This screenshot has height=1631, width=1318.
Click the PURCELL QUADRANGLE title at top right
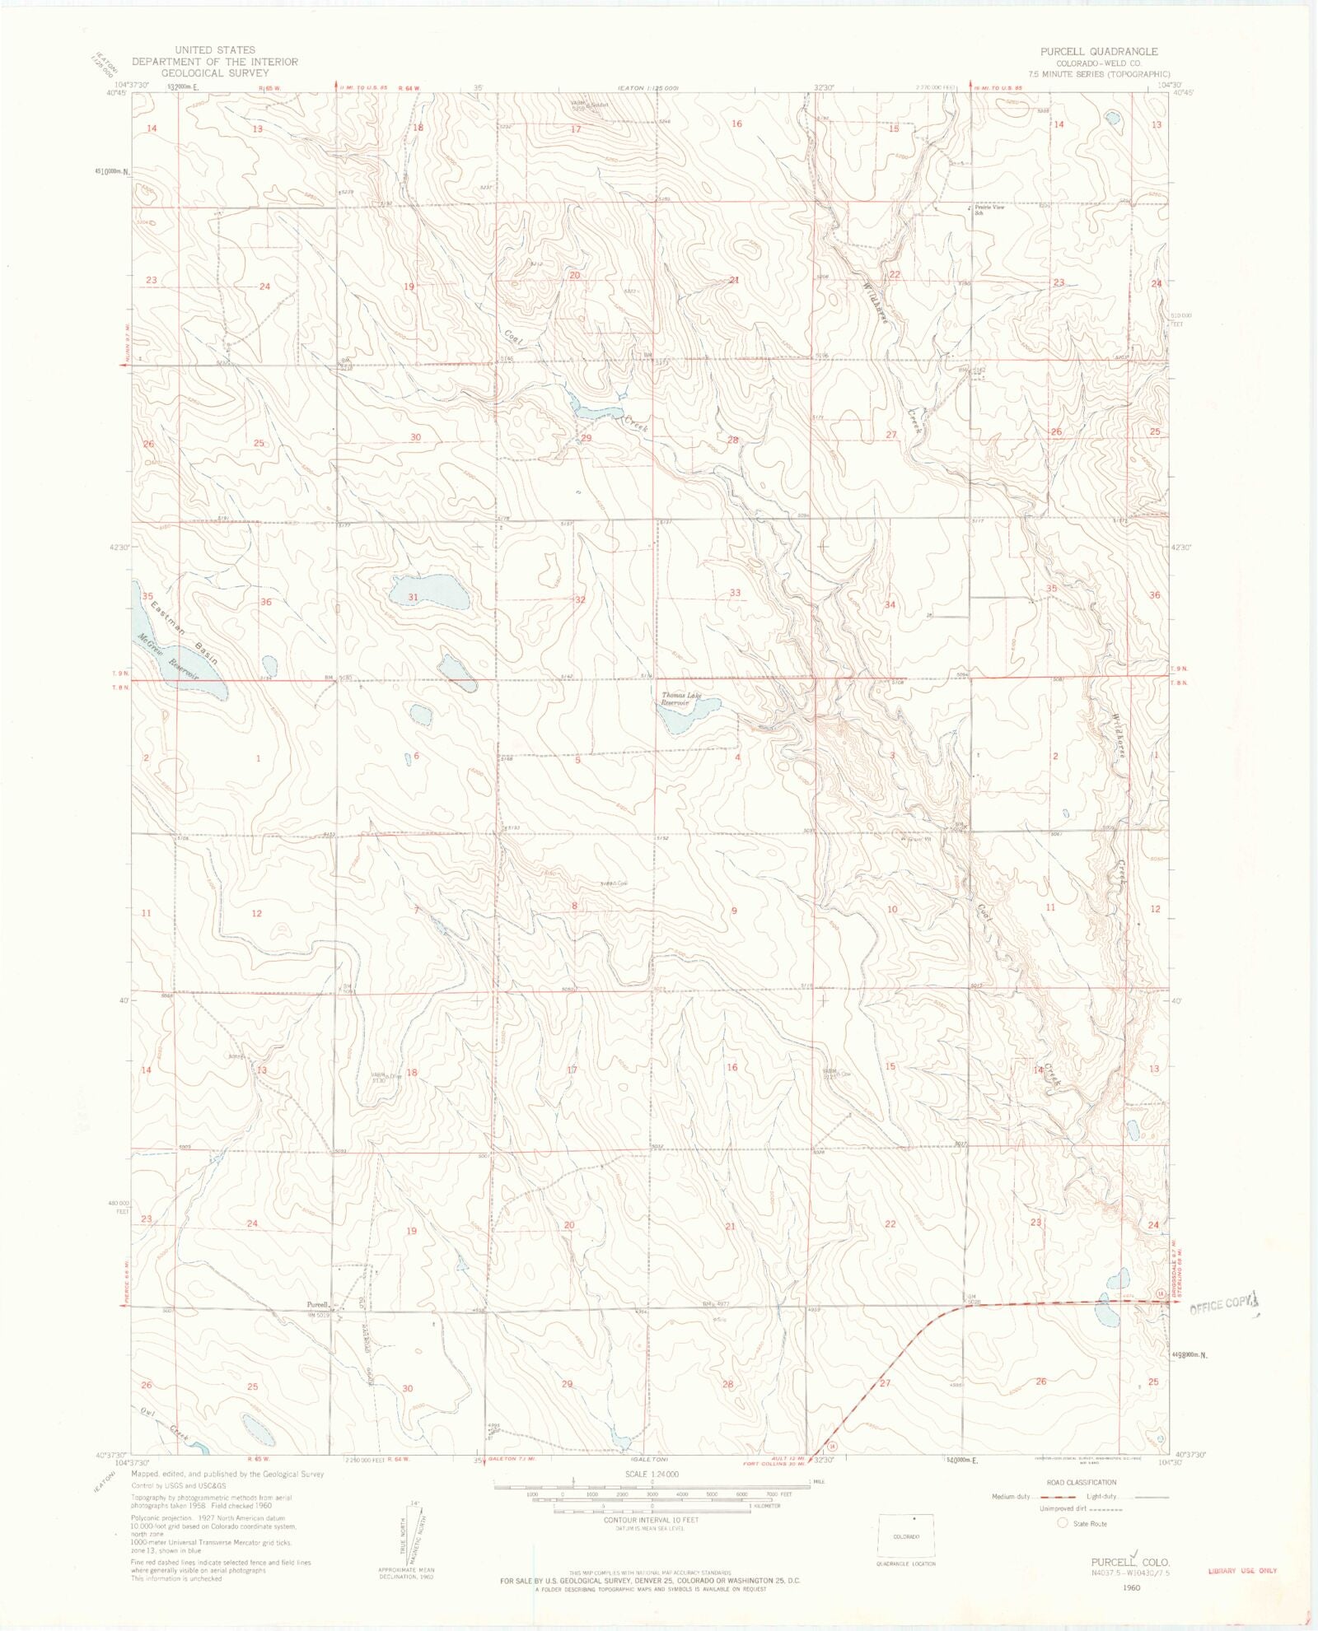(1098, 51)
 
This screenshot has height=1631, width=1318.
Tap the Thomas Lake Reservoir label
(681, 699)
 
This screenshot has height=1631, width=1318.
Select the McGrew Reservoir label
(169, 656)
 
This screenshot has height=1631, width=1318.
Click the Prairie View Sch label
(989, 210)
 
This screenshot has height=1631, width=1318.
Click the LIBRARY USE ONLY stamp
(1242, 1571)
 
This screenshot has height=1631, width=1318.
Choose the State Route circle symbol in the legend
(1063, 1523)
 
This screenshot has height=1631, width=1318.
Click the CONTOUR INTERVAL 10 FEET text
(651, 1520)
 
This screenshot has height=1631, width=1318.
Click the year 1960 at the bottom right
(1131, 1587)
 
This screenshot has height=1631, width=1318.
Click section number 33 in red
(735, 593)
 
